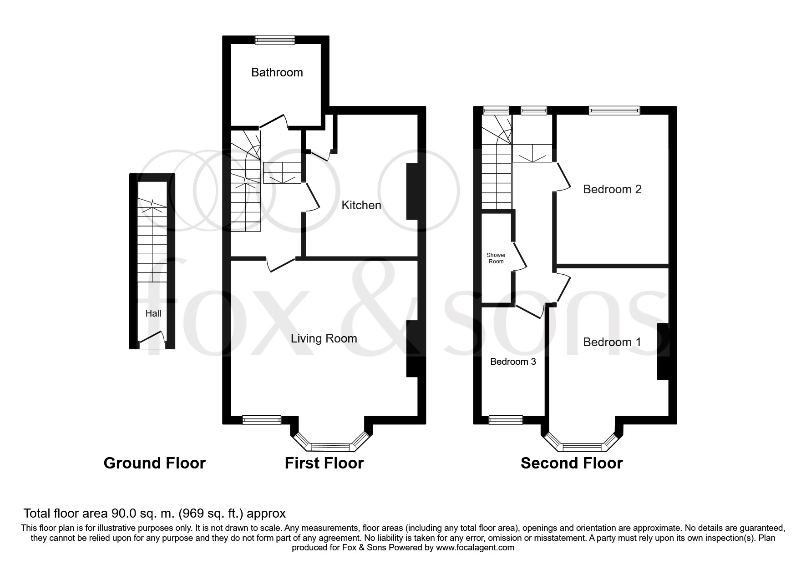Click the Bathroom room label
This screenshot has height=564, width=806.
click(x=277, y=72)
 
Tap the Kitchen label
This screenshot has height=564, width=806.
click(x=361, y=205)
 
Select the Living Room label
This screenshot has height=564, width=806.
click(x=324, y=338)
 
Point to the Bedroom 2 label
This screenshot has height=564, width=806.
click(x=612, y=189)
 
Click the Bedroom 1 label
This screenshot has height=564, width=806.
click(x=612, y=342)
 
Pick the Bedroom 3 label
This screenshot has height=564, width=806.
click(x=513, y=362)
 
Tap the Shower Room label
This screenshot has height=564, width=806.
click(x=496, y=258)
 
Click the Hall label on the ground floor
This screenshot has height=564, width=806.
click(x=153, y=313)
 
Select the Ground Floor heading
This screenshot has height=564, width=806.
click(x=155, y=463)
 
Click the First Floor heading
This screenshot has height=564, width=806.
click(x=324, y=463)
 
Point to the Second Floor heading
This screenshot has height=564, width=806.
click(x=572, y=463)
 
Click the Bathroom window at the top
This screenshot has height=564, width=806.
click(x=275, y=40)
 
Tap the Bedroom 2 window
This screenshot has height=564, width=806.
click(x=614, y=110)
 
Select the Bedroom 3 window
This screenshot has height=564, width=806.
click(x=506, y=420)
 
